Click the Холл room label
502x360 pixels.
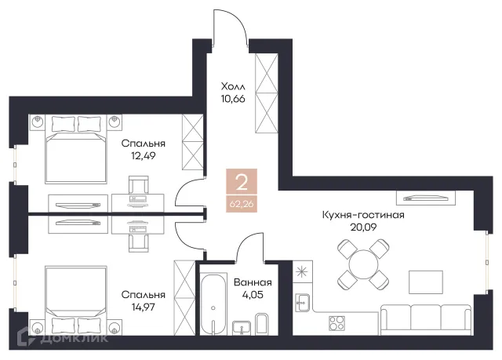[x=233, y=86]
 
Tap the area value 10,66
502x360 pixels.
[x=233, y=99]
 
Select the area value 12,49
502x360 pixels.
[x=143, y=156]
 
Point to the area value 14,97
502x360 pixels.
[x=143, y=307]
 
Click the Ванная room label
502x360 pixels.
[x=253, y=282]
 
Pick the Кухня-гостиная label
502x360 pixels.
[x=363, y=215]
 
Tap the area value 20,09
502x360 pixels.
[x=363, y=227]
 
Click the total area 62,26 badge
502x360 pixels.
[x=242, y=203]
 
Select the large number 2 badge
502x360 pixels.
[x=242, y=182]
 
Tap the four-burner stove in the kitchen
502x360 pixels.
[x=336, y=323]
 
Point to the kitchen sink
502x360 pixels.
[x=302, y=303]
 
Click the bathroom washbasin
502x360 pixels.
[x=242, y=328]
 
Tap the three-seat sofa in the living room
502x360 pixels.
[x=425, y=320]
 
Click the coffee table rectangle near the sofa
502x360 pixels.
[x=426, y=282]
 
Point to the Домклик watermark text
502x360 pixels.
[x=75, y=338]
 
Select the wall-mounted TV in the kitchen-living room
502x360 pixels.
[x=425, y=198]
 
